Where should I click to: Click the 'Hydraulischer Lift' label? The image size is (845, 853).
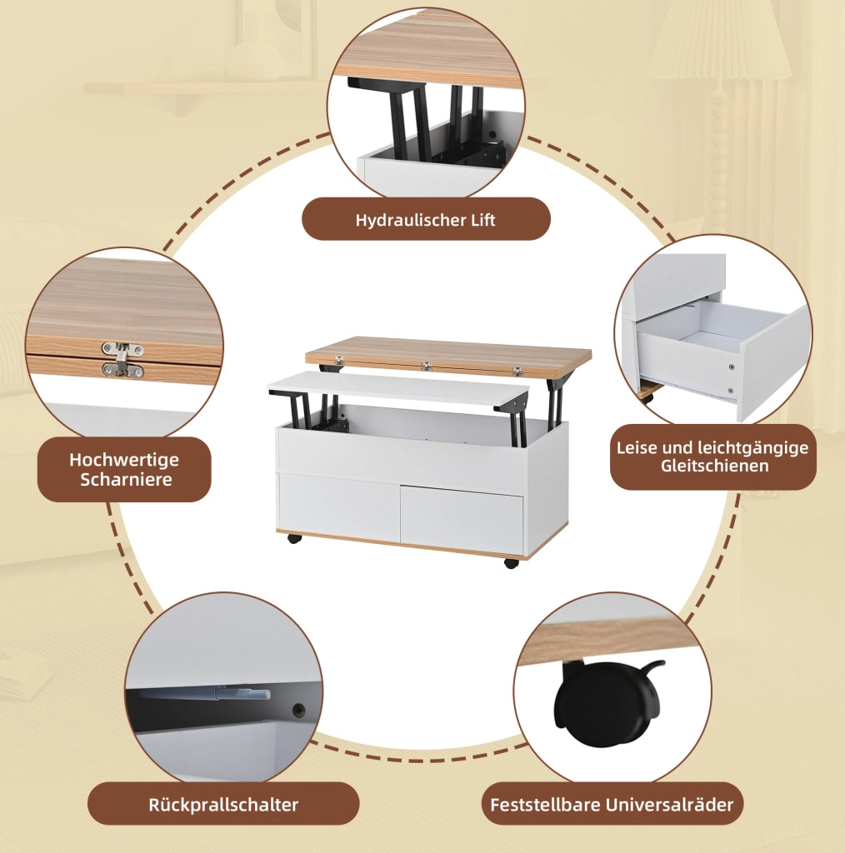tap(426, 220)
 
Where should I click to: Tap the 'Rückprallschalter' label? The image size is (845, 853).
tap(223, 804)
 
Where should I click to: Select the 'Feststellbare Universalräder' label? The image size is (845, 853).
tap(612, 804)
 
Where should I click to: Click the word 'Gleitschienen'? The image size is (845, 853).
tap(714, 466)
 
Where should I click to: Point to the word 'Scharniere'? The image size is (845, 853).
tap(126, 479)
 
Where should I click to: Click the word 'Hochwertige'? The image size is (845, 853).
tap(124, 460)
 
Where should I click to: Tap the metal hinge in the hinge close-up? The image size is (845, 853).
tap(122, 360)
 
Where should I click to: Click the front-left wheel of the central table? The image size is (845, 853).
tap(294, 539)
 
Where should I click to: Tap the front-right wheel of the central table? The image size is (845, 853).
tap(511, 563)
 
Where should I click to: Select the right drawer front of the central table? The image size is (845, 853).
tap(462, 517)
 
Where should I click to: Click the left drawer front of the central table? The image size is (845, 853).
tap(339, 506)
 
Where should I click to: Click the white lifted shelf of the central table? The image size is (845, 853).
tap(398, 388)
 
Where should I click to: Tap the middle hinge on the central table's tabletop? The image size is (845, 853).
tap(426, 366)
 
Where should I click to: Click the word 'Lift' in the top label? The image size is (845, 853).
tap(481, 220)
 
